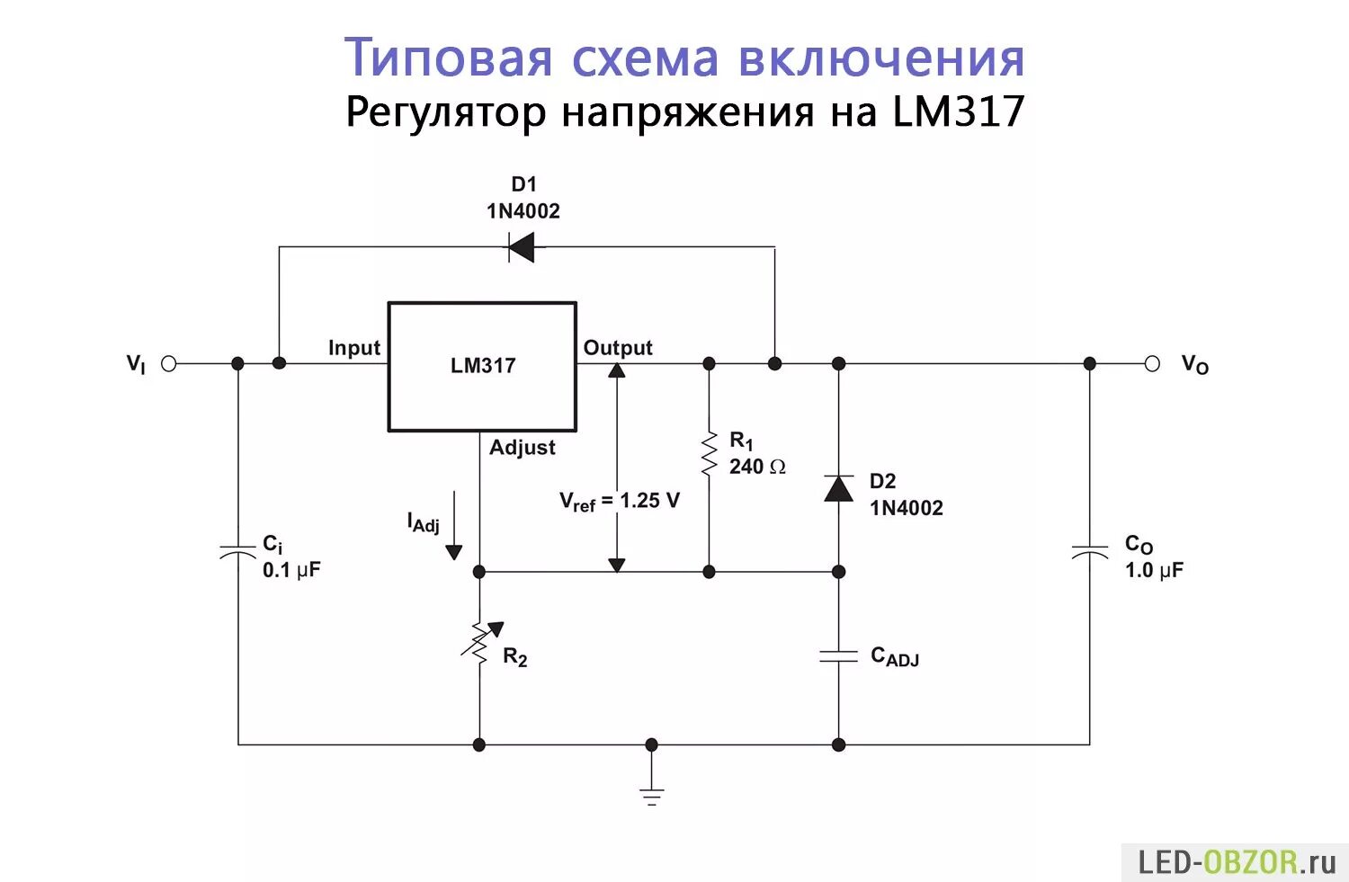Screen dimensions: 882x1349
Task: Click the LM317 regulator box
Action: point(482,366)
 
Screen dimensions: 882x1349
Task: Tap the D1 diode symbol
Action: point(521,246)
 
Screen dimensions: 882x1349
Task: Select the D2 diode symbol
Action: point(839,488)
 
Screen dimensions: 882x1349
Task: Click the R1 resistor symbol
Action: point(710,454)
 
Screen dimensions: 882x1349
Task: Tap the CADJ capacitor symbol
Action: point(839,655)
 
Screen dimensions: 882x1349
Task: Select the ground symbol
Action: point(652,795)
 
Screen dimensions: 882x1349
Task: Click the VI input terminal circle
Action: point(168,364)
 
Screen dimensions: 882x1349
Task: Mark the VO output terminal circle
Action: point(1152,364)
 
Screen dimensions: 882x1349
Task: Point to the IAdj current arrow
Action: point(454,526)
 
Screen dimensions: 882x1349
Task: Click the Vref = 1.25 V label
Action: point(620,502)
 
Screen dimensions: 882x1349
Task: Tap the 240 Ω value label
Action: point(757,467)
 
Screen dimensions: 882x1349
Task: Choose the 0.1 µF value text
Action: point(291,570)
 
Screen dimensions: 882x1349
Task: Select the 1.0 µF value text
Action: point(1154,570)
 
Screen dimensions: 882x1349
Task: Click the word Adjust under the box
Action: point(522,448)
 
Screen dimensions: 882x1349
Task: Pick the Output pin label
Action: point(618,348)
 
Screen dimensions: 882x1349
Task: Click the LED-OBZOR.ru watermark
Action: point(1237,863)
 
